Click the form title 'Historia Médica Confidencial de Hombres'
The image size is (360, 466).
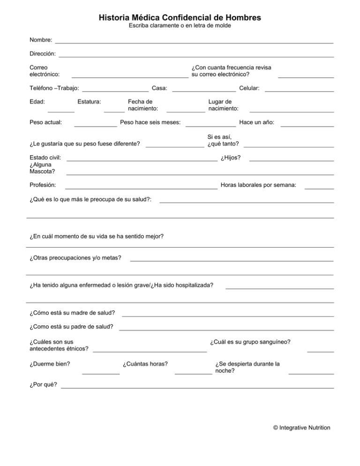coord(180,18)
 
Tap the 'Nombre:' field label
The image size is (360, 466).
coord(40,40)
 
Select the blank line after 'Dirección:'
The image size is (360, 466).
coord(196,57)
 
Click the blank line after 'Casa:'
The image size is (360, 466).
coord(204,91)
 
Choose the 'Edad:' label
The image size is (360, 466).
coord(37,101)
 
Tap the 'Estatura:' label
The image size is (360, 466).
coord(90,101)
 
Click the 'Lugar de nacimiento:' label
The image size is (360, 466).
coord(224,105)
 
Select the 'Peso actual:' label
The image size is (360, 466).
coord(45,123)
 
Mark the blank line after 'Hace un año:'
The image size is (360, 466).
coord(307,127)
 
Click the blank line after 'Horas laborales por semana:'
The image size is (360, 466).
coord(319,188)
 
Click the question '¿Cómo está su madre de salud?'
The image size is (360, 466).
coord(72,313)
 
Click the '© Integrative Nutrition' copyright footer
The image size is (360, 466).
coord(301,428)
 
